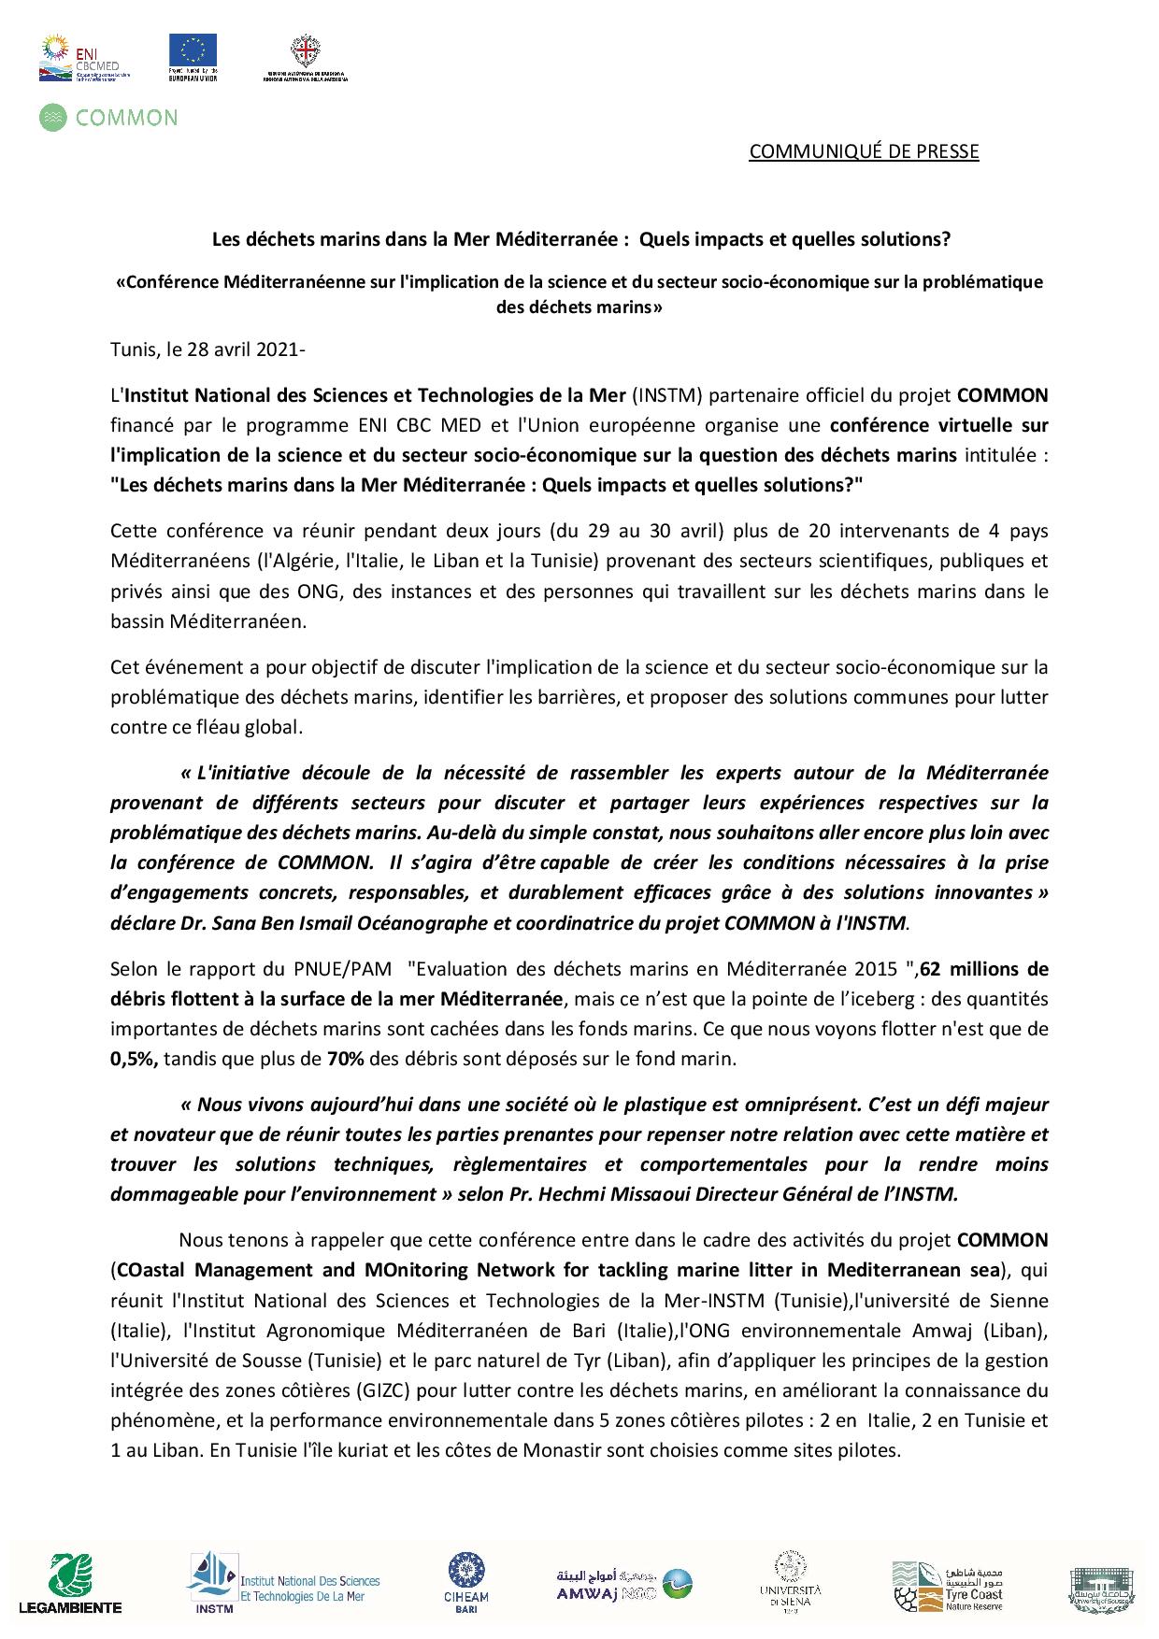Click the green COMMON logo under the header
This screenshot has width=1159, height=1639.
point(108,117)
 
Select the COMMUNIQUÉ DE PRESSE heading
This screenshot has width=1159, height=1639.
point(863,151)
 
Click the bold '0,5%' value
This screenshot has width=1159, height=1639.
point(135,1059)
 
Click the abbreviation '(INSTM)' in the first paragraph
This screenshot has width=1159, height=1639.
point(665,394)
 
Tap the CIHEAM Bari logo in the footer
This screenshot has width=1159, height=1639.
point(465,1581)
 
